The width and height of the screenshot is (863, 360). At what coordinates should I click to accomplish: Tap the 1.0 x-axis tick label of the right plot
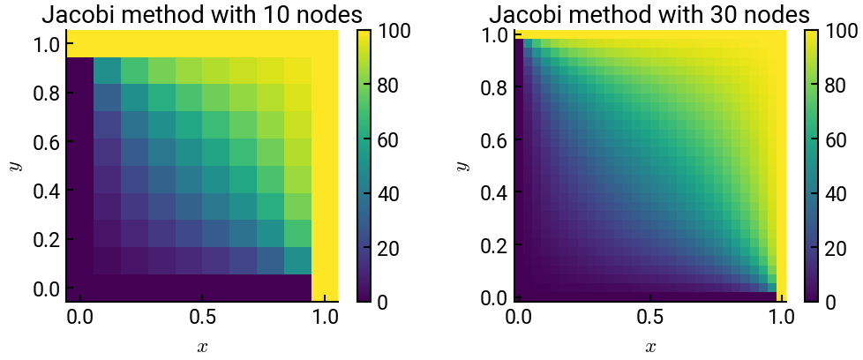point(777,316)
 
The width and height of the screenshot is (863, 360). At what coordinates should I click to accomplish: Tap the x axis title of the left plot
point(202,347)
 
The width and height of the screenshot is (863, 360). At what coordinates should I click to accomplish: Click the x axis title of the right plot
point(649,347)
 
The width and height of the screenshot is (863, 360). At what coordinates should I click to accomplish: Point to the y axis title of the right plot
point(462,166)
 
